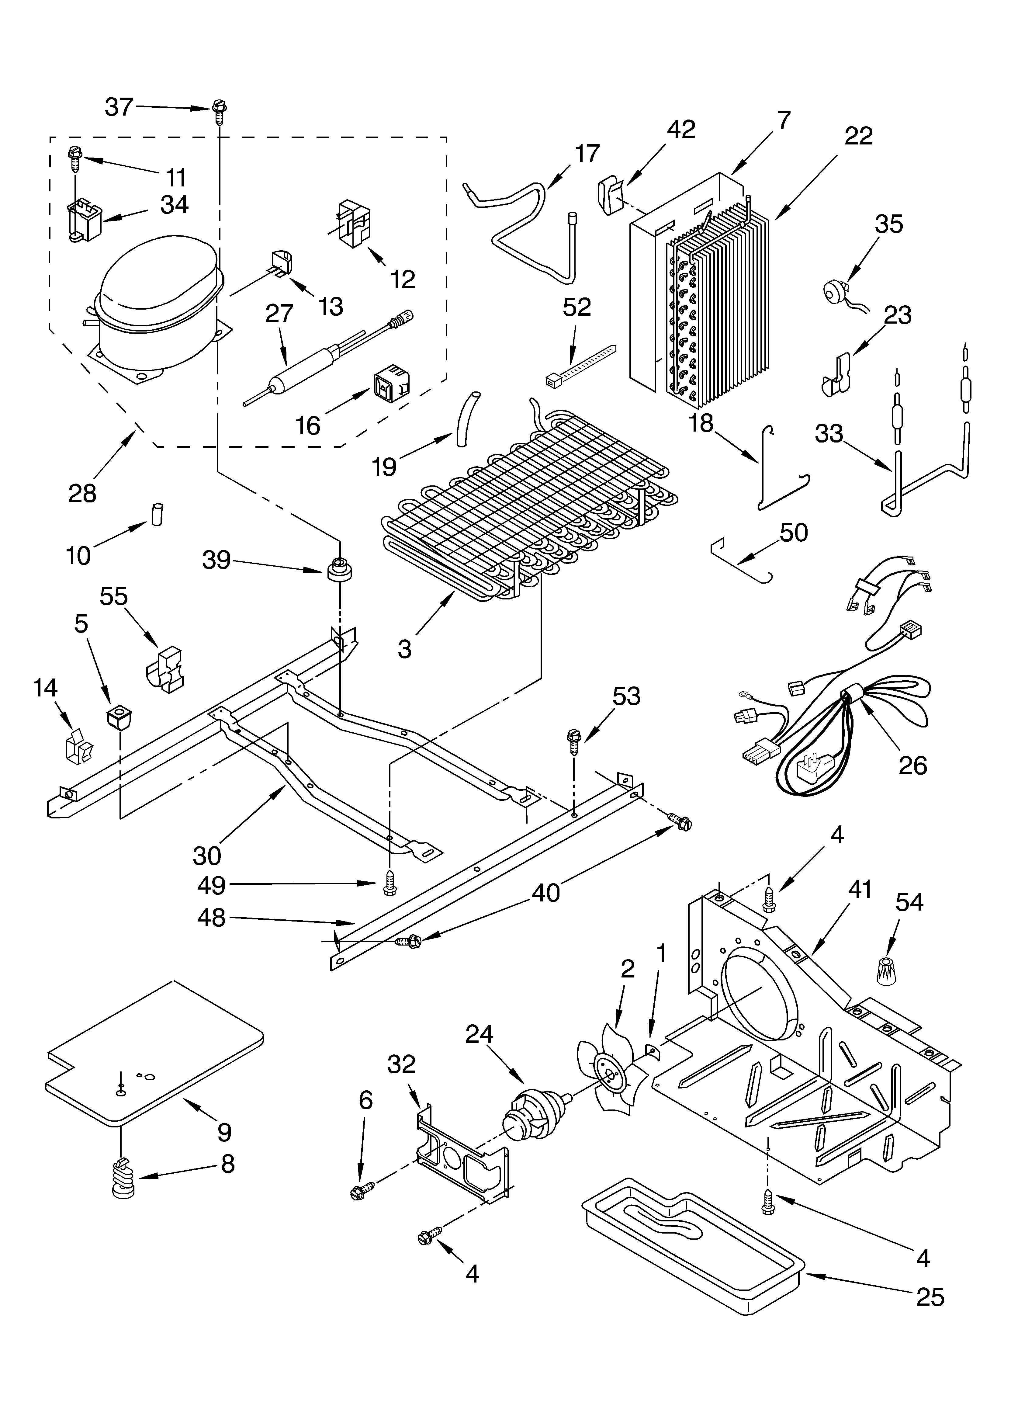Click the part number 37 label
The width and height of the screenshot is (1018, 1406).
[119, 107]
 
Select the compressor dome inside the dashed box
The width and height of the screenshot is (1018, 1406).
[158, 282]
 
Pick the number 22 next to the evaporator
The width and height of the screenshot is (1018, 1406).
[858, 136]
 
